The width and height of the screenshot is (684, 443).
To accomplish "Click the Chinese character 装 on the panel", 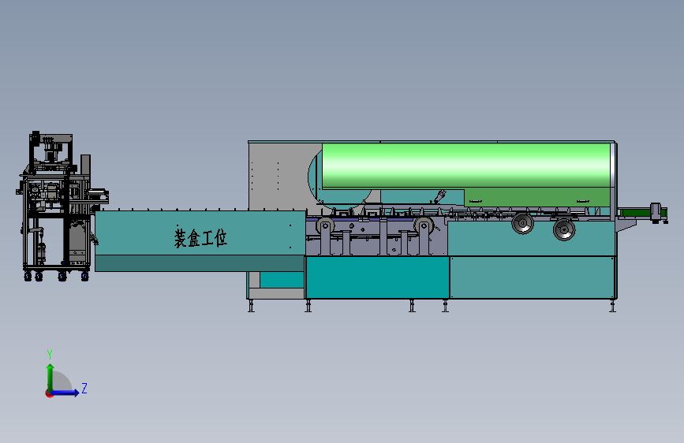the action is coord(181,237).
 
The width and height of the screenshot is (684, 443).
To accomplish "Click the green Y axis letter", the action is coord(50,354).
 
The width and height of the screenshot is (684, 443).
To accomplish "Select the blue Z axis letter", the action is coord(84,388).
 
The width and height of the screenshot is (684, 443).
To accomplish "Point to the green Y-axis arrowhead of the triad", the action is coord(50,368).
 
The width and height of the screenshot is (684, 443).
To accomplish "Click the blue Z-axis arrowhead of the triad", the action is coord(76,393).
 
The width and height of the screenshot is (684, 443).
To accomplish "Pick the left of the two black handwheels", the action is coord(522,223).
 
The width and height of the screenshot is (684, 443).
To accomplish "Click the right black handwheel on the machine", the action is coord(564,229).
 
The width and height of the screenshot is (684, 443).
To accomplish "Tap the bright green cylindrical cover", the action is coord(466,166).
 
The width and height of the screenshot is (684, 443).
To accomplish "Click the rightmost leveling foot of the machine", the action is coord(612,306).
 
